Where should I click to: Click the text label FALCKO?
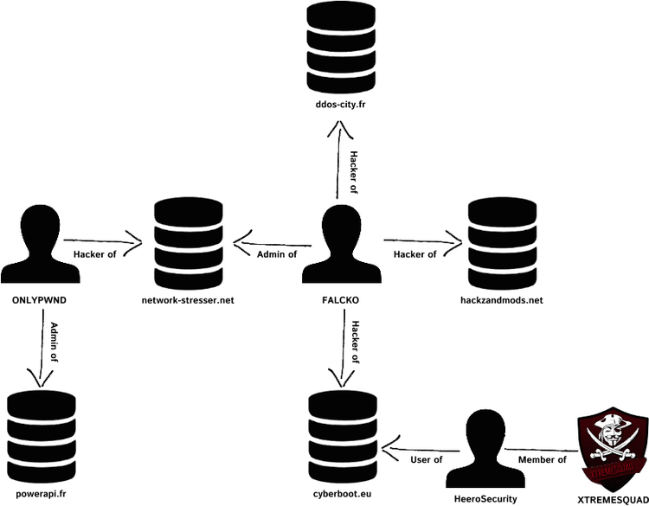pos(338,300)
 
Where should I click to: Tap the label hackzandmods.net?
pos(502,300)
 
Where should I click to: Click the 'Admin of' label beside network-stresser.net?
pos(278,253)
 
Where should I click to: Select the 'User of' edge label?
pos(427,460)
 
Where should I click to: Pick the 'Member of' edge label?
pos(542,460)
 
